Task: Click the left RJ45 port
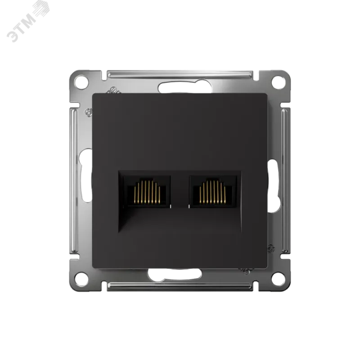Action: pos(147,192)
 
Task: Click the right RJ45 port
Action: pos(213,192)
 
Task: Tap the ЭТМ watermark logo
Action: pos(28,22)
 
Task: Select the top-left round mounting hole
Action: pos(82,81)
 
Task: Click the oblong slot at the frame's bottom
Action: pos(175,274)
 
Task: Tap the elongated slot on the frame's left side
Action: pos(85,175)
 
